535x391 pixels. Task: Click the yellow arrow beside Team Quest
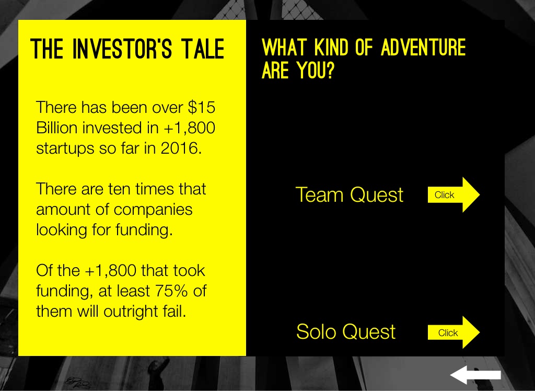(454, 194)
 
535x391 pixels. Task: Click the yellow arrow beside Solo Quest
(454, 332)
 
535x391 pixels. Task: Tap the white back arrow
(475, 375)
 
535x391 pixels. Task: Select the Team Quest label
(350, 194)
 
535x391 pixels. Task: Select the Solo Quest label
(346, 331)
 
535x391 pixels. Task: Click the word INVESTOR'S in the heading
(122, 49)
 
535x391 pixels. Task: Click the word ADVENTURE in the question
(423, 47)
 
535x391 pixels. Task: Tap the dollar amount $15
(202, 107)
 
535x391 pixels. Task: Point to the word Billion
(57, 128)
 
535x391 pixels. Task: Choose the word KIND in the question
(331, 47)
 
